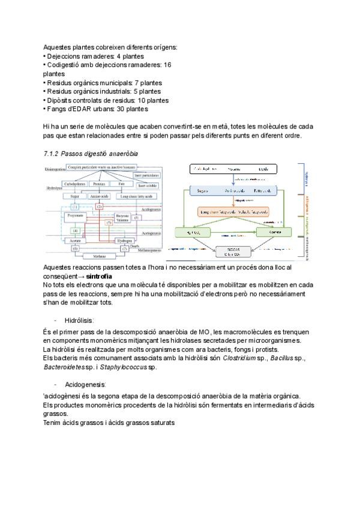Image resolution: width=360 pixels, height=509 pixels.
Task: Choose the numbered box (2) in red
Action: (x=100, y=206)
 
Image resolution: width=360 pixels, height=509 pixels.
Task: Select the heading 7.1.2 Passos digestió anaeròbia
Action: (x=91, y=154)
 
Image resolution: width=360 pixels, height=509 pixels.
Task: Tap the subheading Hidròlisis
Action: (x=82, y=321)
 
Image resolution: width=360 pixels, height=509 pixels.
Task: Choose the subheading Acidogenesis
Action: (x=88, y=384)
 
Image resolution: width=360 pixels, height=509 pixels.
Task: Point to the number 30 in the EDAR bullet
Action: (x=117, y=109)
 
